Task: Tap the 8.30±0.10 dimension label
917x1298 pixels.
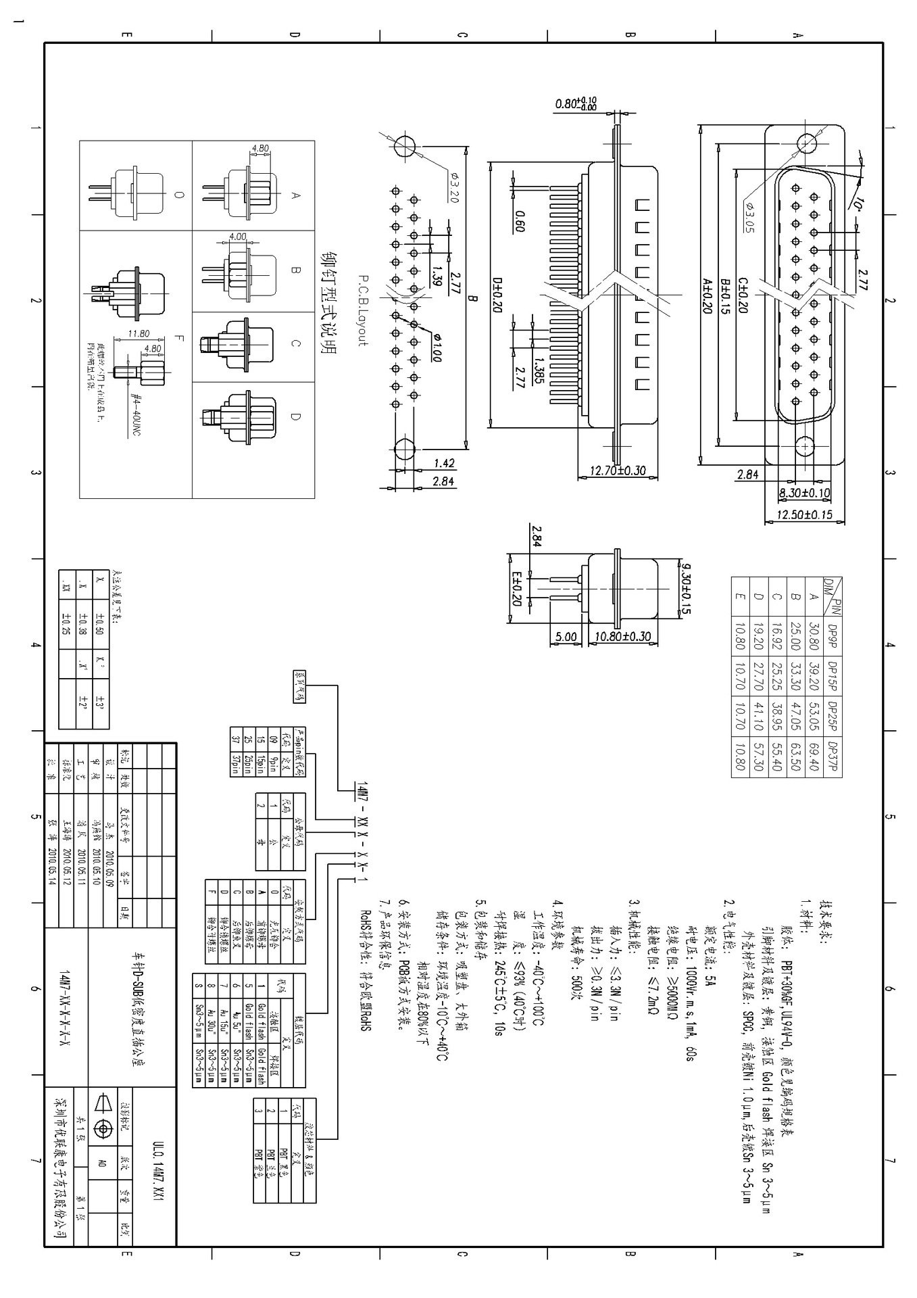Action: tap(804, 494)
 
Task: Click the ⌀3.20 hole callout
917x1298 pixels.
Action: tap(454, 188)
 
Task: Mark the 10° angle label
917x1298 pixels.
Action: tap(856, 201)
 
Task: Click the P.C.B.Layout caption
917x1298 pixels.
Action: tap(363, 310)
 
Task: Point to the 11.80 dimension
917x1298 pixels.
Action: tap(139, 333)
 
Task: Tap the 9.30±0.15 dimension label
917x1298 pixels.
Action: tap(686, 587)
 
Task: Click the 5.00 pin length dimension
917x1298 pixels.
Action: tap(565, 637)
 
